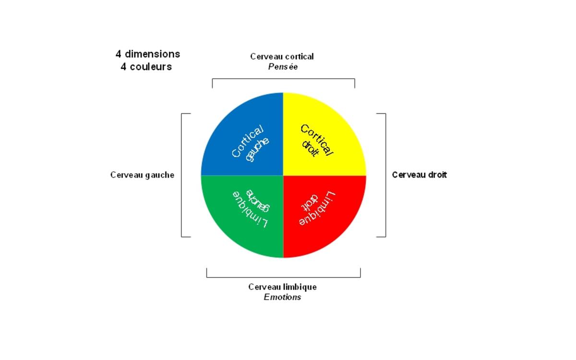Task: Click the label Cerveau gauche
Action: click(x=142, y=175)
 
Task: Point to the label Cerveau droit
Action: click(x=419, y=175)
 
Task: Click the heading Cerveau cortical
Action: click(x=282, y=57)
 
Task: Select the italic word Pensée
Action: click(x=283, y=67)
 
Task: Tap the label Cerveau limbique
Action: click(x=282, y=287)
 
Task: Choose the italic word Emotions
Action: click(x=282, y=298)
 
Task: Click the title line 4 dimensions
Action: click(x=147, y=54)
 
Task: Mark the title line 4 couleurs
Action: click(x=146, y=67)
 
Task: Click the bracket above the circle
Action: click(x=283, y=79)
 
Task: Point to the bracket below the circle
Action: click(x=283, y=277)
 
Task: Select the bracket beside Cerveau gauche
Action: click(x=182, y=175)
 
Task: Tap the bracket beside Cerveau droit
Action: click(x=385, y=175)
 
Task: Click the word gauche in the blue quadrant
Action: click(x=257, y=149)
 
